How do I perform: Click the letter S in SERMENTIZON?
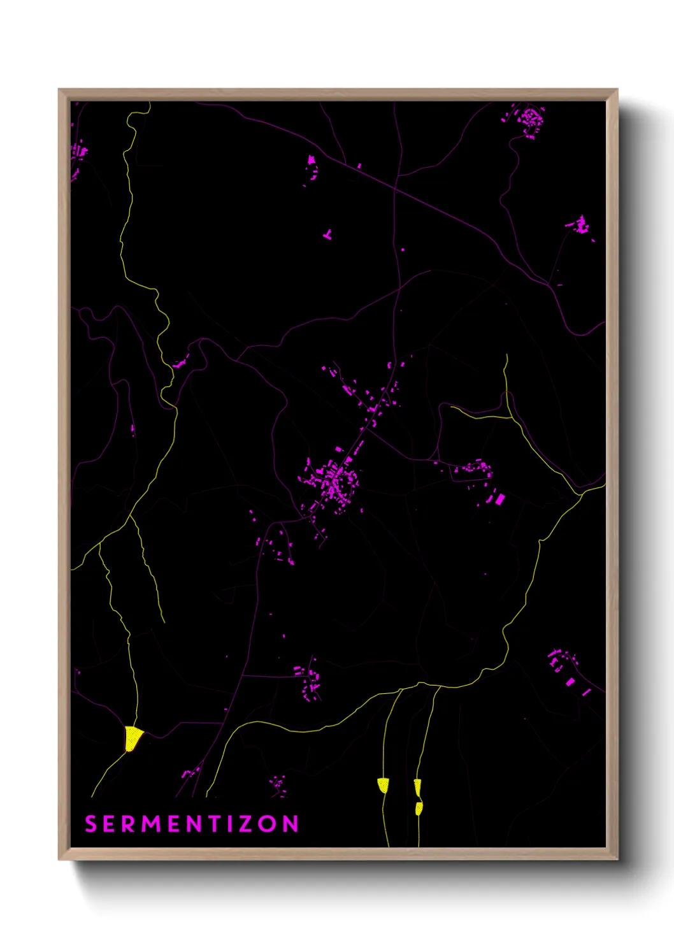90,824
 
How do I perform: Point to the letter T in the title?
214,824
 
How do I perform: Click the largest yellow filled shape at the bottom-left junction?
132,738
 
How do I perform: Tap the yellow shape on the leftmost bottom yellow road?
383,785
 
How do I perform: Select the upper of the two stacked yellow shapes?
417,788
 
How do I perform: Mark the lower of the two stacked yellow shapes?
419,809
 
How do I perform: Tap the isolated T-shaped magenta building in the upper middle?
328,235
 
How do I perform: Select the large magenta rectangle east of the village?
500,499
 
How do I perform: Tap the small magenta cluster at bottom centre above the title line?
278,784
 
